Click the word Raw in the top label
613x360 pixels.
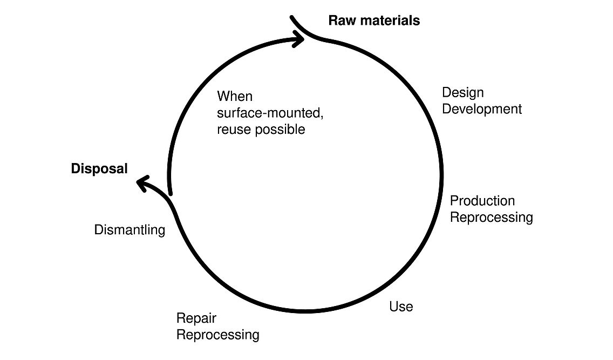(x=341, y=21)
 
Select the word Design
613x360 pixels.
(x=463, y=93)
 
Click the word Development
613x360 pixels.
(x=482, y=109)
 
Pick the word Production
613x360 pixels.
(x=482, y=201)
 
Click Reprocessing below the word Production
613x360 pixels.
(x=492, y=218)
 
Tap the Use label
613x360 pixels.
(x=401, y=307)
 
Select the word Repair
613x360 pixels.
(x=196, y=318)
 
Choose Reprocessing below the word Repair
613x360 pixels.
(x=218, y=335)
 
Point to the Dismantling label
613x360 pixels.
(x=130, y=230)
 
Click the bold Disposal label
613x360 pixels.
(x=99, y=169)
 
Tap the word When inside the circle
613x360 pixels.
(x=235, y=97)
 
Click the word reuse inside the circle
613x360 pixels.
(x=234, y=130)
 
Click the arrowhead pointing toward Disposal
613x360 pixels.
(x=142, y=184)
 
